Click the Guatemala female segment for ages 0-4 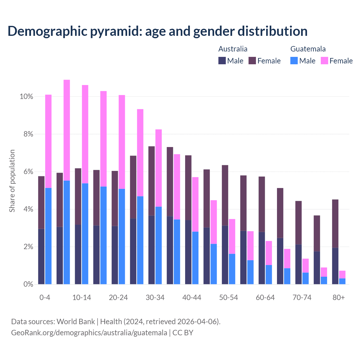point(48,141)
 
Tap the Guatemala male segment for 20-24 point(122,236)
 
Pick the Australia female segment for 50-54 point(225,195)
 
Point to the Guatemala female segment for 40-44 point(195,204)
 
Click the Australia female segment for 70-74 point(299,223)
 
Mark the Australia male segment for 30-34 point(152,250)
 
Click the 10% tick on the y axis point(26,97)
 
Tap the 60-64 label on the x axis point(265,298)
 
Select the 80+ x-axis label point(339,298)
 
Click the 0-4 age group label point(45,298)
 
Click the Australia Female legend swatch point(252,61)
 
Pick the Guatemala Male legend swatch point(294,61)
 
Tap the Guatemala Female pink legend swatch point(324,61)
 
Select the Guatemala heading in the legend point(308,49)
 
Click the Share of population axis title point(12,181)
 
